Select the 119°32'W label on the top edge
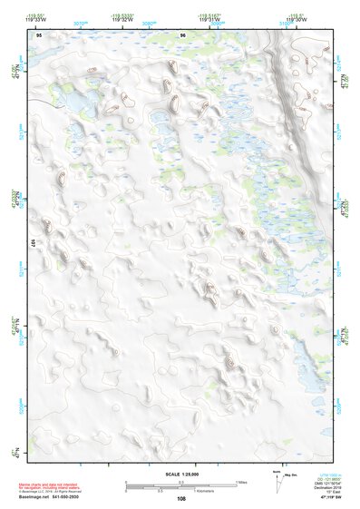point(123,20)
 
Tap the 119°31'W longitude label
point(209,20)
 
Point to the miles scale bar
point(180,482)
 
